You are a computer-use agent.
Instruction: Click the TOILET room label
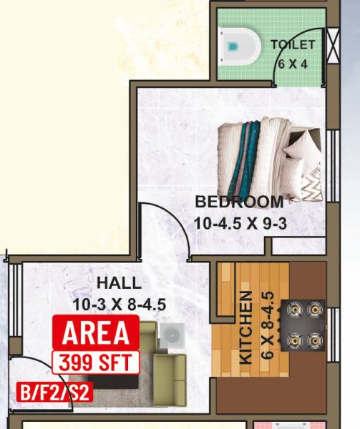pyautogui.click(x=293, y=44)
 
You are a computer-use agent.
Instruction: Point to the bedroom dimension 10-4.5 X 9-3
pyautogui.click(x=240, y=223)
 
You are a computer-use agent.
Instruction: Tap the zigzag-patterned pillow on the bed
pyautogui.click(x=311, y=184)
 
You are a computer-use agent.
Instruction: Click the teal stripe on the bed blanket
pyautogui.click(x=248, y=150)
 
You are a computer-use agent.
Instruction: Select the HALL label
pyautogui.click(x=119, y=283)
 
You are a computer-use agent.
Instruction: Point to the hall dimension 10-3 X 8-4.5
pyautogui.click(x=119, y=305)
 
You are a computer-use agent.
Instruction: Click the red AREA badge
pyautogui.click(x=96, y=332)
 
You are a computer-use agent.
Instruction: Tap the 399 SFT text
pyautogui.click(x=96, y=360)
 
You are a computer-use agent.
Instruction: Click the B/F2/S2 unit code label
pyautogui.click(x=54, y=392)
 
